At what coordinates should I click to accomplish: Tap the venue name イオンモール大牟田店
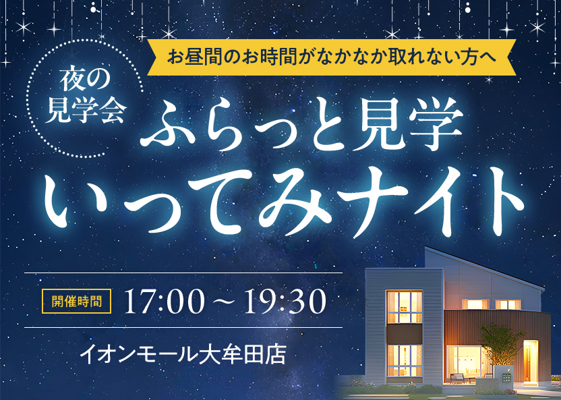[183, 353]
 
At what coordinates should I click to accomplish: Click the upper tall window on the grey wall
[405, 307]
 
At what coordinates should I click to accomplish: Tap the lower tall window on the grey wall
[405, 360]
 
